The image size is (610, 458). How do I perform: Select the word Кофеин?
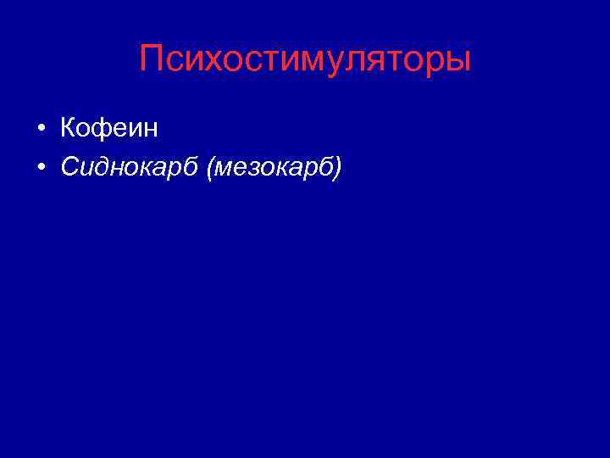[109, 129]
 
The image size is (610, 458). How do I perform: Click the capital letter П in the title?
[152, 59]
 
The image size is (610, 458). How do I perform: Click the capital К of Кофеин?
[69, 129]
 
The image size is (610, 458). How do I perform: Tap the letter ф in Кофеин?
[104, 130]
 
